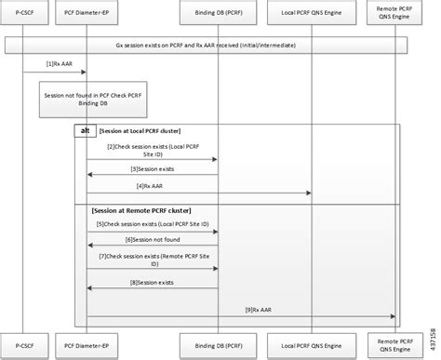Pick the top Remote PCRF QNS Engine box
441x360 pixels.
(x=394, y=14)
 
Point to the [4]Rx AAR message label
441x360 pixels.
(x=151, y=186)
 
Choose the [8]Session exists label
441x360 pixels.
(x=152, y=281)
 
